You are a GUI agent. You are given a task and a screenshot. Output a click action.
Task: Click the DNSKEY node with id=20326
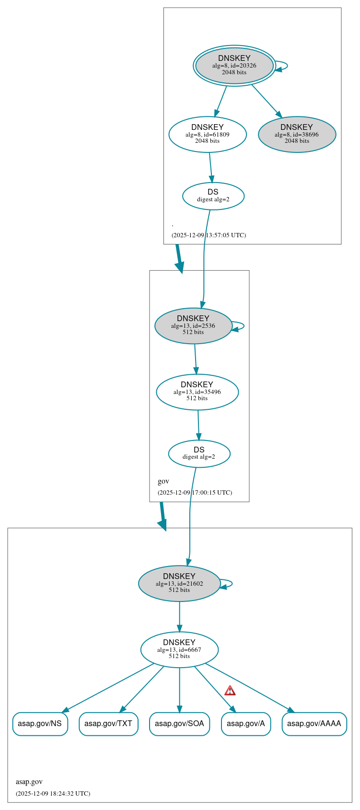[x=234, y=66]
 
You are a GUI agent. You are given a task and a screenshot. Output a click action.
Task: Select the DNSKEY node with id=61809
[x=207, y=135]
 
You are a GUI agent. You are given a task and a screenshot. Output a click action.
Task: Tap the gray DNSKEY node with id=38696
[x=297, y=135]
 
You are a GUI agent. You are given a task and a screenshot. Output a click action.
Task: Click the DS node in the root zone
[x=213, y=196]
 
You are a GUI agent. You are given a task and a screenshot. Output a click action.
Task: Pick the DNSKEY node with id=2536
[x=193, y=326]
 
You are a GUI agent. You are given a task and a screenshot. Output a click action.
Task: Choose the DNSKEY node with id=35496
[x=197, y=392]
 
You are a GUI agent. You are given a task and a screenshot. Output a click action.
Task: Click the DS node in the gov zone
[x=199, y=453]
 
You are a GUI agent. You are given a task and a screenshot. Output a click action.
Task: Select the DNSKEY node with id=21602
[x=179, y=584]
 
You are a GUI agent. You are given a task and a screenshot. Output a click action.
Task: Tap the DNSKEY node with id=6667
[x=179, y=650]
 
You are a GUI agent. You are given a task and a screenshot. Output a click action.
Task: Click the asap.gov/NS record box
[x=40, y=724]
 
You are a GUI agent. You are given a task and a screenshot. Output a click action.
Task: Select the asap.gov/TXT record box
[x=108, y=724]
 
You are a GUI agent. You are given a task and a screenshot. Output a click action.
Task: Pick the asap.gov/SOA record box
[x=179, y=724]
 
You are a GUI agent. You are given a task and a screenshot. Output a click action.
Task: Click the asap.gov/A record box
[x=246, y=724]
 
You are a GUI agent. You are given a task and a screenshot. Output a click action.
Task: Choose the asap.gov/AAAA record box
[x=314, y=724]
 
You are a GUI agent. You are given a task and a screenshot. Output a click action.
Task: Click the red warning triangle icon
[x=230, y=691]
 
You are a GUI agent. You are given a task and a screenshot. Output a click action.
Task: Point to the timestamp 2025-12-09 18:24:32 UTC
[x=53, y=793]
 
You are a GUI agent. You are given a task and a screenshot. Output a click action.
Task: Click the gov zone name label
[x=163, y=481]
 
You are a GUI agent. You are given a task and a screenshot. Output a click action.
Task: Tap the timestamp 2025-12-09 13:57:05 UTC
[x=209, y=235]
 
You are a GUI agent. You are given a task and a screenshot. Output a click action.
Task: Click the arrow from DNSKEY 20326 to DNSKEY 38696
[x=267, y=101]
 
